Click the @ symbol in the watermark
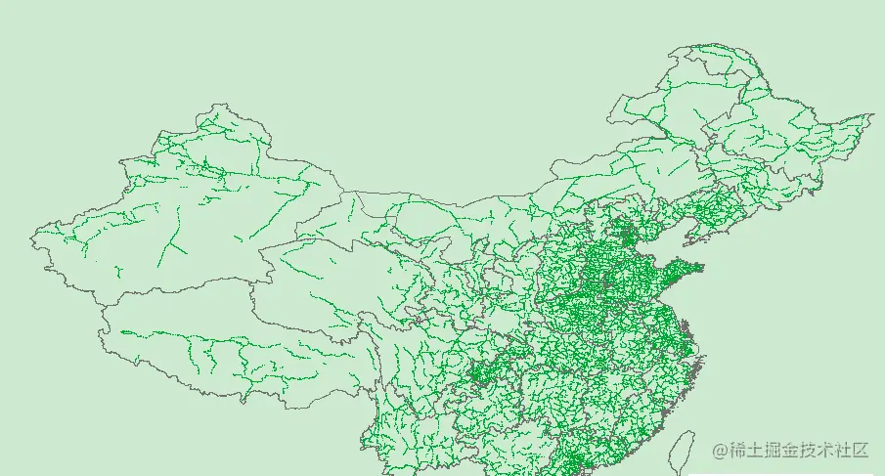(721, 451)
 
